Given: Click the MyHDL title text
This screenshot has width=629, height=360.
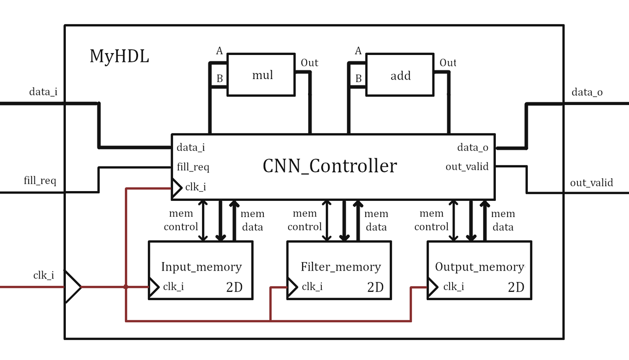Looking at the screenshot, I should pos(119,56).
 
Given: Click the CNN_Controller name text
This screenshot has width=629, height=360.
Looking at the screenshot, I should pos(330,166).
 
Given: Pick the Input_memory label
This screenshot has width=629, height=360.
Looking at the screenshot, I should pos(201,267).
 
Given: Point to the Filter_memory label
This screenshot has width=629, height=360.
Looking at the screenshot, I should pos(341,267).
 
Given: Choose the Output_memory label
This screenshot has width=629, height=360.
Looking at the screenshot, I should pos(480,267).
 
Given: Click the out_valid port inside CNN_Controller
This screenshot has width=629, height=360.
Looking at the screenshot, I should pos(467,166).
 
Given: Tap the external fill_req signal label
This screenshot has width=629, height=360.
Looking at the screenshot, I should pos(40,181).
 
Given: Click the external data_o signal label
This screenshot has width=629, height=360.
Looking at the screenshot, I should pos(587,92).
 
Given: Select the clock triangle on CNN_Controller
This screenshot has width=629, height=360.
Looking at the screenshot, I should pos(176,187).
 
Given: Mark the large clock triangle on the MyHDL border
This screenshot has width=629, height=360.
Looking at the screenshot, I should pos(72,286).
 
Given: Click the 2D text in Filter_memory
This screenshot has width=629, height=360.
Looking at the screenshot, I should pos(375,287).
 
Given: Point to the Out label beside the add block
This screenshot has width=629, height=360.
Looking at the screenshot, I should pos(448,63).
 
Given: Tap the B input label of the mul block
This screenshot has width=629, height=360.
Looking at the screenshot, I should pos(220,79).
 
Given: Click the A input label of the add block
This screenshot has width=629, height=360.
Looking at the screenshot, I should pos(358,51).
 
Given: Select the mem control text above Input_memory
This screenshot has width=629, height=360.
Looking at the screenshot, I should pos(181,220).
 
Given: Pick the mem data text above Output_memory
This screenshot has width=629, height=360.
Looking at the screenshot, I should pos(503,220).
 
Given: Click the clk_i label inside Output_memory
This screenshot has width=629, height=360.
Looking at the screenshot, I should pos(453,286).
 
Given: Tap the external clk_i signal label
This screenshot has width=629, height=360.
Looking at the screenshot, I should pos(44,275).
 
